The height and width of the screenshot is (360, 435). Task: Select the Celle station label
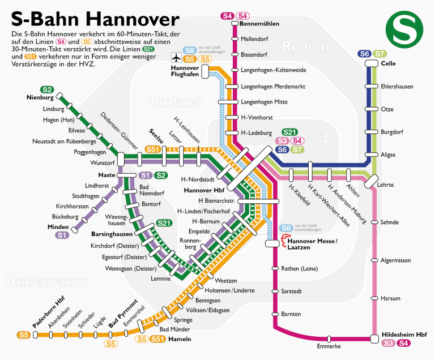click(x=388, y=64)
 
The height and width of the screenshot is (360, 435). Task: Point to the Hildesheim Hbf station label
click(x=404, y=334)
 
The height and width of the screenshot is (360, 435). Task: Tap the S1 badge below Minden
click(x=62, y=235)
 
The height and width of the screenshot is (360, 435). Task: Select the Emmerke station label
click(x=329, y=345)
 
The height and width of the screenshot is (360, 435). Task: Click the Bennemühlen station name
click(x=257, y=24)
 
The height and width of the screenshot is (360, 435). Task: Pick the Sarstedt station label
click(x=293, y=291)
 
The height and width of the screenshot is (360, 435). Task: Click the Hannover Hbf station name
click(x=204, y=190)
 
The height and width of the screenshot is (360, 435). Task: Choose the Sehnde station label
click(x=390, y=222)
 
